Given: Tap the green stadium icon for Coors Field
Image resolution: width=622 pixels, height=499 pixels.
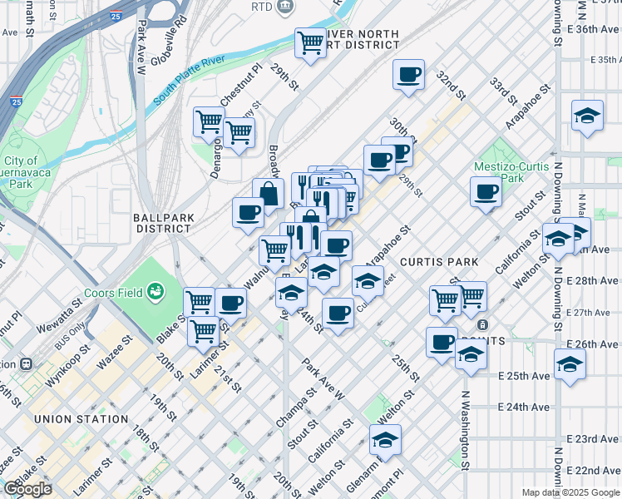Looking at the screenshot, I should [x=155, y=291].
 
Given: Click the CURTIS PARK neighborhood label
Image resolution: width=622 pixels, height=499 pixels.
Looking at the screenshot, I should [x=439, y=262].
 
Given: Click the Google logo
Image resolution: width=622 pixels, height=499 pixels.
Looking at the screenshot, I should [x=27, y=489].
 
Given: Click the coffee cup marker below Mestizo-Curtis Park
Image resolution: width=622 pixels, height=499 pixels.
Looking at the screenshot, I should [x=486, y=192].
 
